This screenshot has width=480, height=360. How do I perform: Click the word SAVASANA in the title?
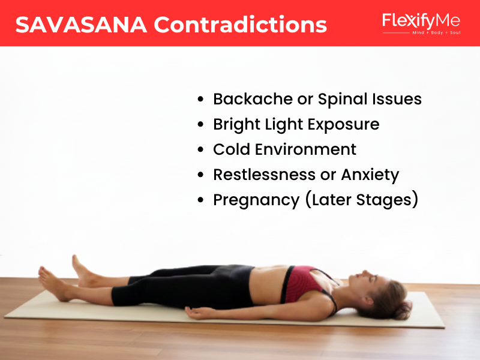click(81, 25)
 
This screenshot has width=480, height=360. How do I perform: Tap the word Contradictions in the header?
click(241, 25)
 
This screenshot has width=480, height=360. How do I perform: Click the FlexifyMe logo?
click(421, 23)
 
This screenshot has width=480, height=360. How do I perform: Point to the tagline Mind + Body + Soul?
click(436, 32)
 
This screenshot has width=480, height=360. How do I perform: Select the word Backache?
click(253, 99)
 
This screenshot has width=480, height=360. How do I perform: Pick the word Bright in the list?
click(236, 125)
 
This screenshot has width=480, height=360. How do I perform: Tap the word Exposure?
click(343, 125)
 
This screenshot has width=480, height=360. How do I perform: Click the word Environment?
click(305, 149)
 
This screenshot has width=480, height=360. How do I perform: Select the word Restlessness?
click(264, 175)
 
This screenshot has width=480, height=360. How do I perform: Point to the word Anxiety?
click(370, 175)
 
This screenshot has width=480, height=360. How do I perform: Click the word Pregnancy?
click(256, 200)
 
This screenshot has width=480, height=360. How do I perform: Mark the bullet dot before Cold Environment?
click(200, 149)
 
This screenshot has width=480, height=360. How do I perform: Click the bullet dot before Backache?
click(200, 99)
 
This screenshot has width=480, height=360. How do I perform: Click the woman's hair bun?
click(403, 310)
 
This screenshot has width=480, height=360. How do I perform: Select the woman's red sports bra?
click(303, 284)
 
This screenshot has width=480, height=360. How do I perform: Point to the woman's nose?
click(364, 272)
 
